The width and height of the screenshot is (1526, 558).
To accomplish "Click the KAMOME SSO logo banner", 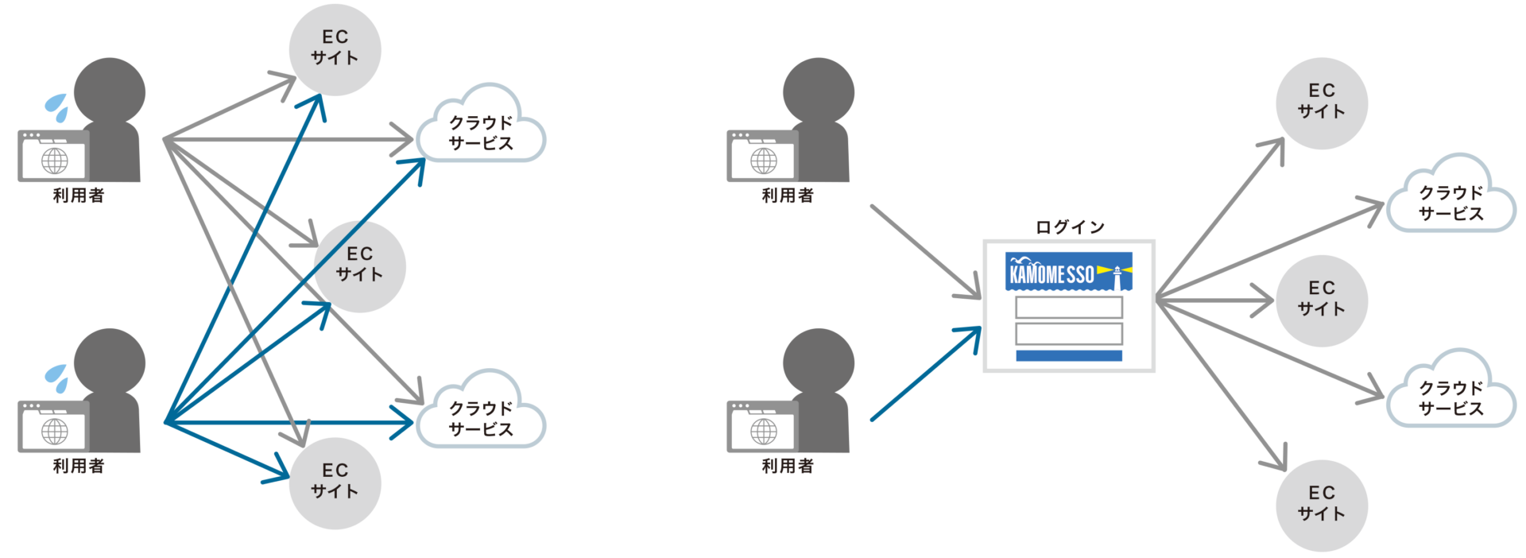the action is click(x=1068, y=272).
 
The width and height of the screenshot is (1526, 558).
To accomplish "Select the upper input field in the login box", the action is click(x=1069, y=307).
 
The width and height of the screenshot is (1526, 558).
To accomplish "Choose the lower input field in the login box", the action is click(x=1069, y=333).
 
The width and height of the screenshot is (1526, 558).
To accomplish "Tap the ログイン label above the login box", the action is click(x=1070, y=227).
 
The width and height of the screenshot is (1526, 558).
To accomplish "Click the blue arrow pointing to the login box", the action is click(x=927, y=373).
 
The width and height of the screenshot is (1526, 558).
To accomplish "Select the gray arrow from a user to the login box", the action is click(x=927, y=252).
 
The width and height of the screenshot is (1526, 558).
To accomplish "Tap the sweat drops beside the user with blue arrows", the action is click(x=57, y=378).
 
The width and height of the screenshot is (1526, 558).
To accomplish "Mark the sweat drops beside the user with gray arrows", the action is click(x=57, y=107).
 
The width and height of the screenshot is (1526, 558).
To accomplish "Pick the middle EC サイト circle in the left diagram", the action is click(x=360, y=266).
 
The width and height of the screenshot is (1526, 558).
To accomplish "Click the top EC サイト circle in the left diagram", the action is click(x=335, y=49).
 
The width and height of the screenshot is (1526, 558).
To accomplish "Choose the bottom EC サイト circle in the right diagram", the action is click(x=1322, y=506).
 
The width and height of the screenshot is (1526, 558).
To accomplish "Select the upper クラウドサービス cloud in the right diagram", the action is click(x=1451, y=196).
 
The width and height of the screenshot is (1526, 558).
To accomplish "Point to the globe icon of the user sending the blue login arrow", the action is click(x=764, y=432).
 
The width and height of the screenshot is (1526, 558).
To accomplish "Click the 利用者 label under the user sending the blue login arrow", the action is click(x=788, y=466).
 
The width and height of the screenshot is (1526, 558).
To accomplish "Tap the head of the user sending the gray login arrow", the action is click(x=819, y=92).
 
